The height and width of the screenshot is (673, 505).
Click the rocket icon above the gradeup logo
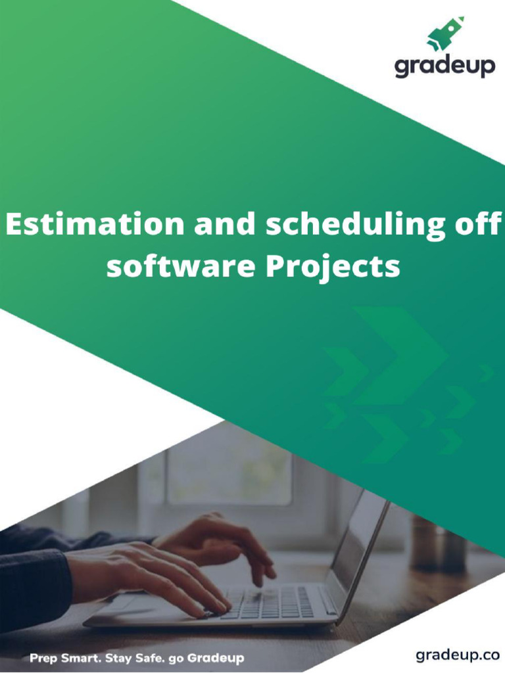click(445, 34)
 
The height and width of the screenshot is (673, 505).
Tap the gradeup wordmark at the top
click(445, 66)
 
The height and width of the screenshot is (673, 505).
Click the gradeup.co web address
click(458, 655)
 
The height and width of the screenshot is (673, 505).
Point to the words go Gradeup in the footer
click(206, 657)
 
